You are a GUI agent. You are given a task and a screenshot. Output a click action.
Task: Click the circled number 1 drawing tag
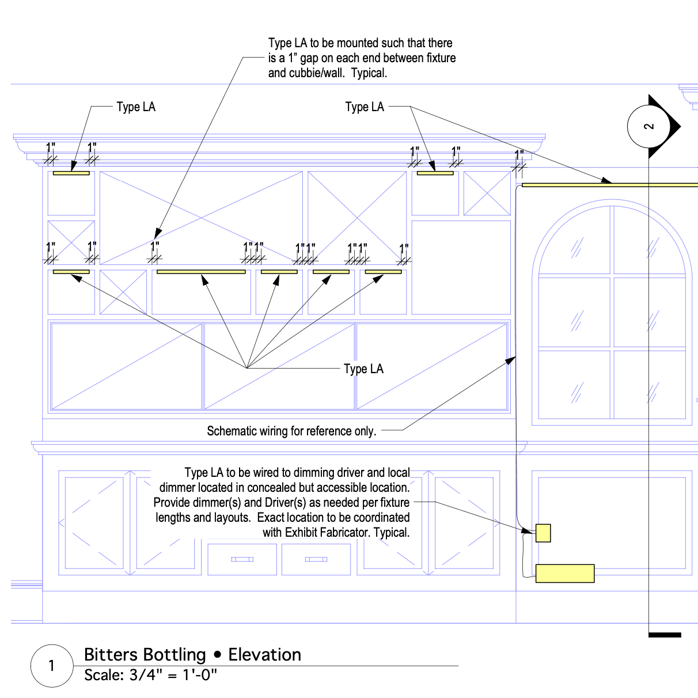click(x=52, y=666)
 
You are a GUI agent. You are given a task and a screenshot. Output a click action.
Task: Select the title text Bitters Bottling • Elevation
click(x=192, y=655)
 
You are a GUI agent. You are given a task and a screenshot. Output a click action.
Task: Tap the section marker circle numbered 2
click(x=649, y=126)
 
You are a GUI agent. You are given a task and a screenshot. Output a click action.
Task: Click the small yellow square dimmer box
click(x=543, y=533)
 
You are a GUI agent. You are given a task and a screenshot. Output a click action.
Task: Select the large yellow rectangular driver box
click(x=565, y=574)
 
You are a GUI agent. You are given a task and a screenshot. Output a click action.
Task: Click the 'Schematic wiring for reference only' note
click(x=291, y=431)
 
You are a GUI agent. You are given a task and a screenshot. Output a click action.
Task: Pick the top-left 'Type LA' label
click(x=136, y=107)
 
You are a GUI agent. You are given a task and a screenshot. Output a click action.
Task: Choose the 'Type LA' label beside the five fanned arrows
click(x=363, y=369)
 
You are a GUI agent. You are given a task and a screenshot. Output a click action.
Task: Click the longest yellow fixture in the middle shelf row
click(x=201, y=272)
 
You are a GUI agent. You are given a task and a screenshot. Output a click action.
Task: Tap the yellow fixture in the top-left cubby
click(x=71, y=173)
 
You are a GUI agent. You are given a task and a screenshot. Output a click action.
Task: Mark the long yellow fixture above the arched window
click(x=609, y=185)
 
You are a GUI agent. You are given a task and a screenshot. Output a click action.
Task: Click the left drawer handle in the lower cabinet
click(x=242, y=559)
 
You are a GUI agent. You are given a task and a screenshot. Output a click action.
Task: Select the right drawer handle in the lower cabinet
click(x=316, y=559)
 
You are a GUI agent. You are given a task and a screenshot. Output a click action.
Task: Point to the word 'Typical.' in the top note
click(x=369, y=73)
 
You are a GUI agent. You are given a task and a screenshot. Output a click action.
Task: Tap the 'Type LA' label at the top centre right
click(x=365, y=107)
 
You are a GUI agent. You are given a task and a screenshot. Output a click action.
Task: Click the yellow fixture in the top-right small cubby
click(x=435, y=173)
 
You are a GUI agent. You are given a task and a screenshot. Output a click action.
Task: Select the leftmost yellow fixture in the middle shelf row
click(x=71, y=272)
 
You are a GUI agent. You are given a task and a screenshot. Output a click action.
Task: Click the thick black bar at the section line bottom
click(x=665, y=635)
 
